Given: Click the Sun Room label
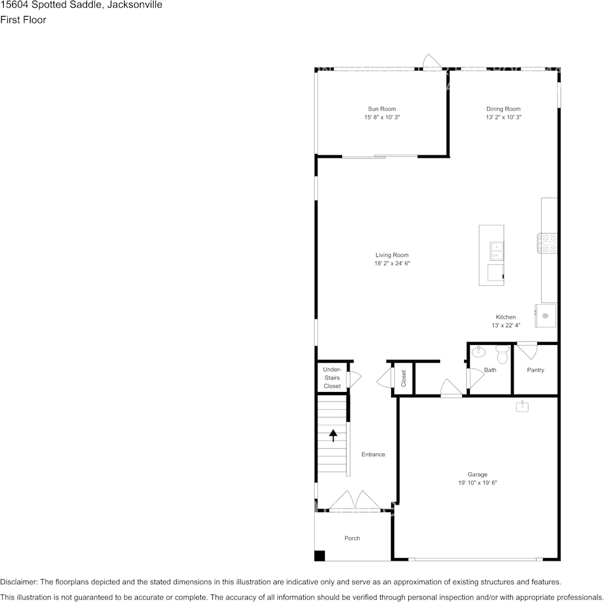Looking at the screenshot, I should coord(381,109).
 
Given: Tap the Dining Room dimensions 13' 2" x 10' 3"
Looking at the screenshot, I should coord(504,118).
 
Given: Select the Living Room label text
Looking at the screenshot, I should coord(392,255).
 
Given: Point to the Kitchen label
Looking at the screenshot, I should coord(506,317).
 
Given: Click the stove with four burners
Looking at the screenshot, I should coord(549,244).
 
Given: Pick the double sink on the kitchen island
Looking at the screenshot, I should coord(496,251).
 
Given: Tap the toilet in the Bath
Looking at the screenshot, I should coord(502,354).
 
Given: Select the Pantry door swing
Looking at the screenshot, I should coord(527,350).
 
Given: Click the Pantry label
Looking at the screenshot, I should coord(535,370).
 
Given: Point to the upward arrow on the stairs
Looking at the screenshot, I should coord(333,435).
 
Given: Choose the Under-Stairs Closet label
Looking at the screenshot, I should coord(332,378).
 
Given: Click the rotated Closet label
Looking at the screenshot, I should coord(404,379).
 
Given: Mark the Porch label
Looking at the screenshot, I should coord(352,538).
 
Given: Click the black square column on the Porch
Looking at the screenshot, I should coord(320,556).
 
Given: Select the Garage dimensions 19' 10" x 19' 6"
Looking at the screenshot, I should coord(477,483).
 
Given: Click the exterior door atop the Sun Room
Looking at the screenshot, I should coord(432,62).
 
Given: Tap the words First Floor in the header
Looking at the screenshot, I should coord(24,20).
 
